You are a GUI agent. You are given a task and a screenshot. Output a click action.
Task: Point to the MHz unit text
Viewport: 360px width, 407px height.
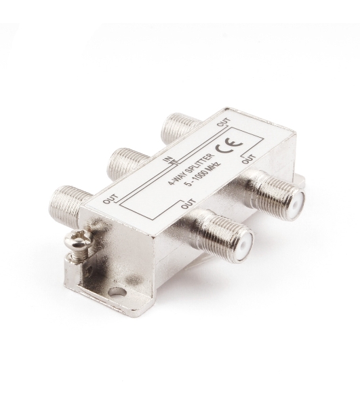212,169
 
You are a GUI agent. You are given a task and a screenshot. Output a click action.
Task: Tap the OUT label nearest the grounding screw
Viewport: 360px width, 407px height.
108,198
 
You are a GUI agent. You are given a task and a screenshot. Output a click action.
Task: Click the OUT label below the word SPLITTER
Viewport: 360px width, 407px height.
188,203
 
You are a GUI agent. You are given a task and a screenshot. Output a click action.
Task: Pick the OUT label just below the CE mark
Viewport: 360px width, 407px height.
249,159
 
